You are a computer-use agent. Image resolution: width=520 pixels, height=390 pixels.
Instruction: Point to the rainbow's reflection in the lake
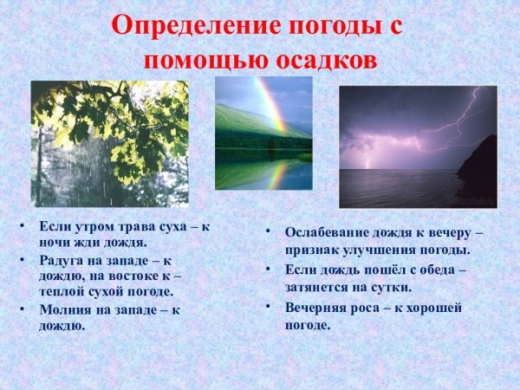(x=276, y=175)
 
